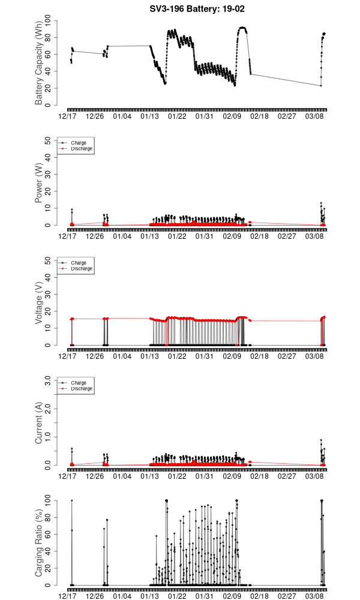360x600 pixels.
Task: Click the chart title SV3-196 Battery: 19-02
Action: [196, 9]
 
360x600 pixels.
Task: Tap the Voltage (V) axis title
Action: [39, 303]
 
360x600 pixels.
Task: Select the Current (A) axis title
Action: [39, 423]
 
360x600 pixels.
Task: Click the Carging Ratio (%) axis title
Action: [39, 543]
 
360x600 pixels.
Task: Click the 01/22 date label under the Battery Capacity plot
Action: [178, 116]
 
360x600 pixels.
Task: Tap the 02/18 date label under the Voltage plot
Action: [260, 356]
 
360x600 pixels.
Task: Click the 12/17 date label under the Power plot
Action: [68, 236]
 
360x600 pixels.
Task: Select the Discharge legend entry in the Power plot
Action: [82, 148]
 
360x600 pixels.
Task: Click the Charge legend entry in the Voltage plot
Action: [79, 263]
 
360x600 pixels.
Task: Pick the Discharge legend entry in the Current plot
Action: [82, 388]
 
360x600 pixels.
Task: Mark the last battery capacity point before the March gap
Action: [251, 74]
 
